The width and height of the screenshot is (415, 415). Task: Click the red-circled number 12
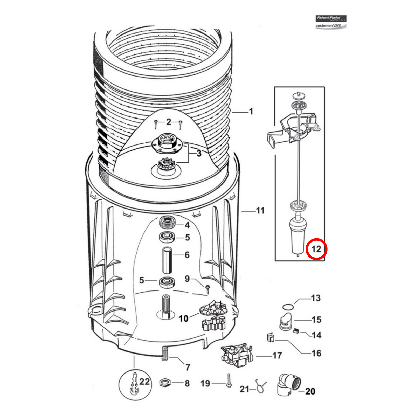click(x=316, y=249)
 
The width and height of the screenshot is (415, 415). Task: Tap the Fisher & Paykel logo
click(x=331, y=18)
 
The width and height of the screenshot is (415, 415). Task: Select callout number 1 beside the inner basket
click(x=251, y=112)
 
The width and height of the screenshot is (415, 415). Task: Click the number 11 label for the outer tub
click(x=260, y=210)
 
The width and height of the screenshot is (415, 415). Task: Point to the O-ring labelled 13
click(x=288, y=307)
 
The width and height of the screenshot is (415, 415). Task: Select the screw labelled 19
click(x=229, y=381)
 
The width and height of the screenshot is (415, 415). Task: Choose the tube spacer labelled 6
click(x=167, y=260)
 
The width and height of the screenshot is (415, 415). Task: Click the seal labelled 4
click(x=167, y=223)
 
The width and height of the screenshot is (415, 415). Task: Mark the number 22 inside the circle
click(x=144, y=382)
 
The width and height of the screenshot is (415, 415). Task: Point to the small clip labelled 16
click(x=270, y=337)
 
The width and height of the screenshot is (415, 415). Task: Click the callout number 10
click(x=183, y=318)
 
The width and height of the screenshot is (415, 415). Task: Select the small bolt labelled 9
click(x=208, y=289)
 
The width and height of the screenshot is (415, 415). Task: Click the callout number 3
click(x=199, y=153)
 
